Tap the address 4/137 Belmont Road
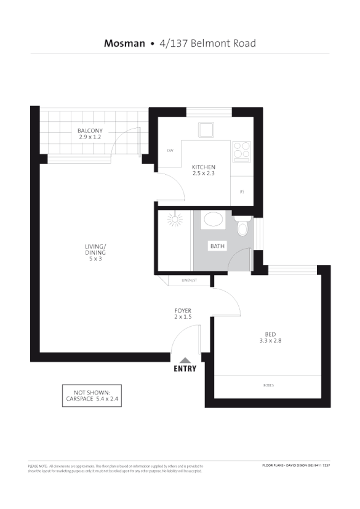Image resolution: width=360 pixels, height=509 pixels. pos(207,43)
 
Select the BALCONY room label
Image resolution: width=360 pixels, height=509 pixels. pos(90,130)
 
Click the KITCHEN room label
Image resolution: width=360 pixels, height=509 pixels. pos(203,167)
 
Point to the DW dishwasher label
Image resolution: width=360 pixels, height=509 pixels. pos(170,150)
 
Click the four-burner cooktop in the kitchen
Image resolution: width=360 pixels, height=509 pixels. pos(241,149)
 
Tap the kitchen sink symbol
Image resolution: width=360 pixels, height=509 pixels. pos(205,130)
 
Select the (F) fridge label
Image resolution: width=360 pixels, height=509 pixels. pos(242,192)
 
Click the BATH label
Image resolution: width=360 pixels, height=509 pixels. pos(217,246)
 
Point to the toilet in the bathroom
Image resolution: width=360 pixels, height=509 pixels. pos(242,227)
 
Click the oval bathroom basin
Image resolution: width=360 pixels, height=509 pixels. pos(214,220)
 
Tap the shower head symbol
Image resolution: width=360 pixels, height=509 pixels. pos(176,220)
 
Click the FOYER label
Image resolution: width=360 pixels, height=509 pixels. pos(183,310)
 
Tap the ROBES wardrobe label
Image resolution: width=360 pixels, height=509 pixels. pos(268,385)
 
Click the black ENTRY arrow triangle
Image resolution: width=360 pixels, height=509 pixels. pos(185,361)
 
